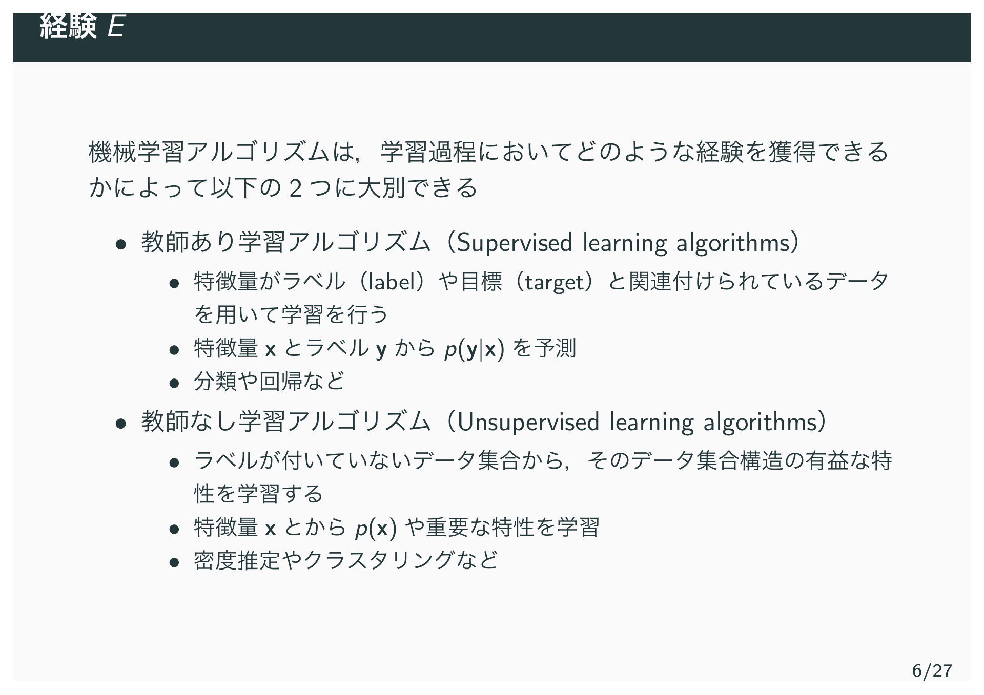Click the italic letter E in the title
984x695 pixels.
click(116, 27)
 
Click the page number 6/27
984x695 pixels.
click(932, 670)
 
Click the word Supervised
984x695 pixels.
click(514, 243)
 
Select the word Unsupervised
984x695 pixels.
click(528, 423)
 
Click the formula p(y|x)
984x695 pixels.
click(475, 350)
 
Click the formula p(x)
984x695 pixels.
click(376, 528)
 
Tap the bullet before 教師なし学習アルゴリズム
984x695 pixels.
click(120, 424)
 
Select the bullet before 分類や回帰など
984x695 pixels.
click(174, 382)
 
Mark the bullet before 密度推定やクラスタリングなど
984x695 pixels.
click(174, 562)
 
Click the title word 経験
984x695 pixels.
click(68, 27)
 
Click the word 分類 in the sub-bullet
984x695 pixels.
click(215, 381)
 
